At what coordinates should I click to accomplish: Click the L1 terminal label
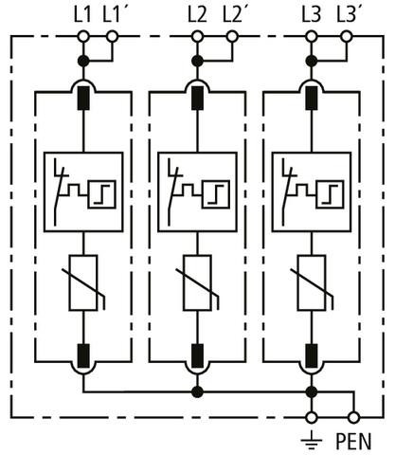(x=82, y=14)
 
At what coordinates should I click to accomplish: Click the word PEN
(x=353, y=441)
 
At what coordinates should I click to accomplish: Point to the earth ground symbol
(x=312, y=440)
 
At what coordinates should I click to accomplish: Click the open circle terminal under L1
(x=83, y=37)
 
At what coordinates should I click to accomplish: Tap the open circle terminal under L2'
(x=232, y=37)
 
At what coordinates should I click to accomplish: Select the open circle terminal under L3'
(x=347, y=37)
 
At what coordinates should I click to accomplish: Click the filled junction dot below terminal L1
(x=83, y=61)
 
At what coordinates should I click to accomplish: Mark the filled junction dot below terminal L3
(x=312, y=61)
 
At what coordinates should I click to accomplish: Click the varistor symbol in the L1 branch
(x=83, y=282)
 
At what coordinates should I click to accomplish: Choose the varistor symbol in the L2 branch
(x=197, y=282)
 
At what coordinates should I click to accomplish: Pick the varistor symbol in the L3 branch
(x=312, y=282)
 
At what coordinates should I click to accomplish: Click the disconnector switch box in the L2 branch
(x=197, y=192)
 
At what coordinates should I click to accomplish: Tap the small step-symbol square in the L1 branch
(x=102, y=194)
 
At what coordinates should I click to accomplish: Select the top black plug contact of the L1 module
(x=83, y=98)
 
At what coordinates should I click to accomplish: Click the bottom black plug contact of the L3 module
(x=312, y=356)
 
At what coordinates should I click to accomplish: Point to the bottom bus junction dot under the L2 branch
(x=197, y=392)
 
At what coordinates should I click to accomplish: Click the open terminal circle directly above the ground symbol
(x=312, y=418)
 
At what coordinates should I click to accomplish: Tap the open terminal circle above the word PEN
(x=353, y=418)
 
